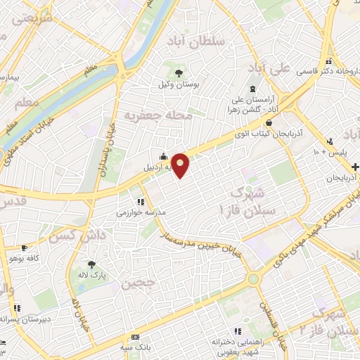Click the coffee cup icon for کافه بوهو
coord(25,248)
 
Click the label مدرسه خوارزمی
coord(141,212)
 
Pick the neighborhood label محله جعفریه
coord(157,115)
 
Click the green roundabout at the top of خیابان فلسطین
coord(252,279)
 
